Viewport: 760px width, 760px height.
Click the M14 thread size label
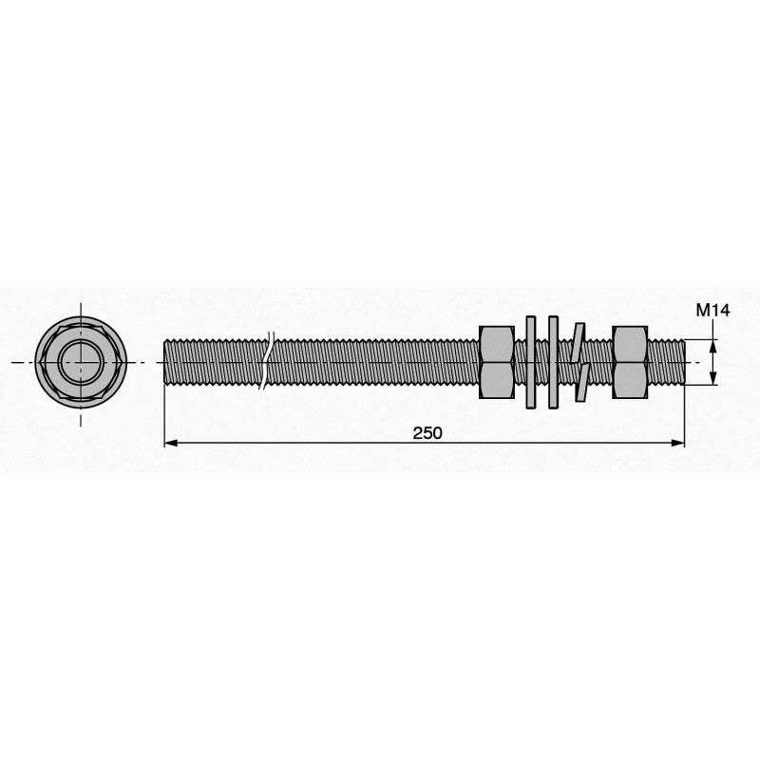(712, 311)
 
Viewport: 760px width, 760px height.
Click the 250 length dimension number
(427, 433)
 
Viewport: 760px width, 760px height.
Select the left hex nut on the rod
(496, 362)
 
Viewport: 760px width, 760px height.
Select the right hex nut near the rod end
(630, 362)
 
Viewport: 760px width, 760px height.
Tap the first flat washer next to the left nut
(531, 362)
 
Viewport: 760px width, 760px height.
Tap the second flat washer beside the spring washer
(553, 362)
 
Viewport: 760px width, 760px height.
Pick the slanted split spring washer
(579, 362)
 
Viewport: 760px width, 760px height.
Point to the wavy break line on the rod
(267, 361)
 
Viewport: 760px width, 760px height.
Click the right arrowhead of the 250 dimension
(677, 443)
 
